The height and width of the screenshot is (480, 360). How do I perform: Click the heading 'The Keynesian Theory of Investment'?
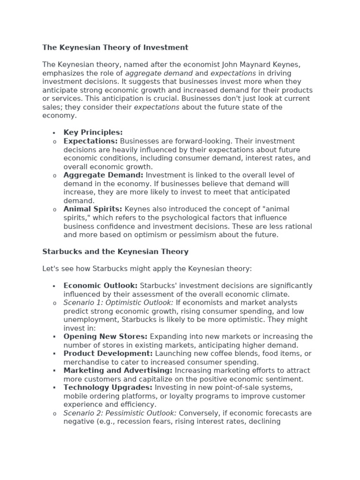115,47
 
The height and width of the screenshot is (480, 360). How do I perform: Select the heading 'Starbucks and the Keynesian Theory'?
115,252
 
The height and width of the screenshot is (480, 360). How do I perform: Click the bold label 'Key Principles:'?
93,133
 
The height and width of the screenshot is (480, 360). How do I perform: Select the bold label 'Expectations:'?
90,141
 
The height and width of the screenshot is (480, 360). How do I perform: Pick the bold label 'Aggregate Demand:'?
104,175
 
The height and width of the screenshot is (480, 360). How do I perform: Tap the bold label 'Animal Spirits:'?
93,209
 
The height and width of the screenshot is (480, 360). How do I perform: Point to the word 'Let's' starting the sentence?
51,269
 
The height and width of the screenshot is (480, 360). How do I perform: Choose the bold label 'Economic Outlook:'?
100,286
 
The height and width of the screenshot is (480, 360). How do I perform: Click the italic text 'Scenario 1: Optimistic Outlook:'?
119,303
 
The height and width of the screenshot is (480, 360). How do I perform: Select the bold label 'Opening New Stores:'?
105,337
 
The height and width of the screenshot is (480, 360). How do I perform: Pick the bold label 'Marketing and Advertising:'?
118,370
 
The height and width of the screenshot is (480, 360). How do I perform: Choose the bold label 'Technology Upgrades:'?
108,388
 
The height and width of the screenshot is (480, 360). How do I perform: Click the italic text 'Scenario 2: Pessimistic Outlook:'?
120,413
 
